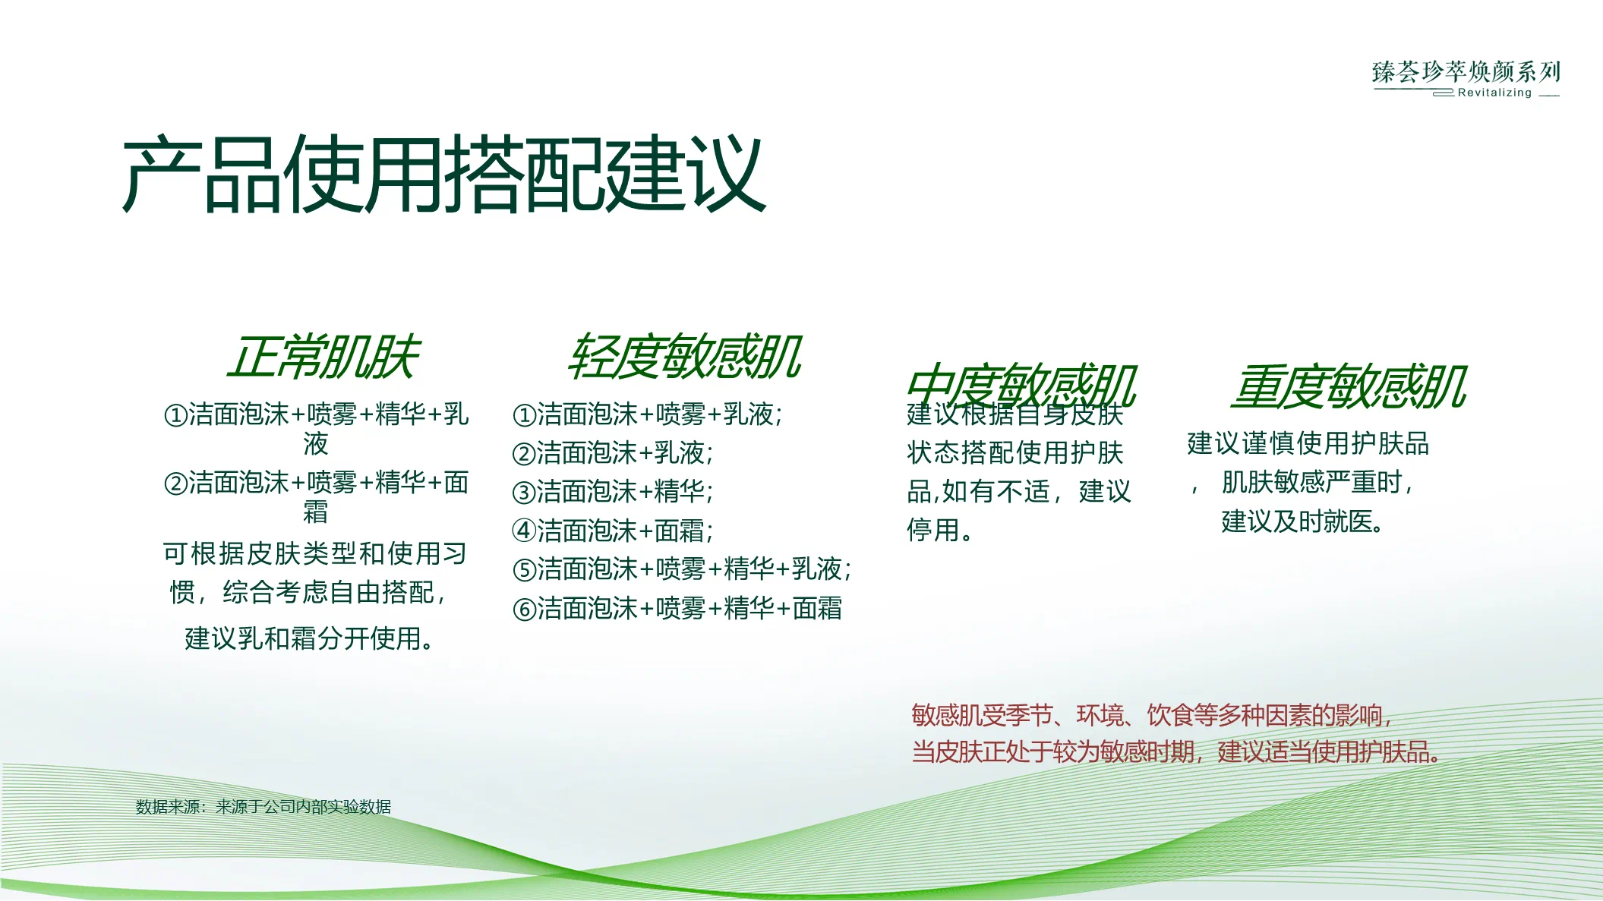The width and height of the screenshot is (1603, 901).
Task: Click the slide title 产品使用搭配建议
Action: coord(444,175)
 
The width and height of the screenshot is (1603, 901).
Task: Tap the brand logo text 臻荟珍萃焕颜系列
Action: coord(1466,72)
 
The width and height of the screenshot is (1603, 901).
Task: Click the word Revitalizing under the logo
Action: coord(1494,93)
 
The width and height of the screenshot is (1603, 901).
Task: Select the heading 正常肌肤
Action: coord(323,358)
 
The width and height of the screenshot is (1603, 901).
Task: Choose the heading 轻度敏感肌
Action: coord(684,358)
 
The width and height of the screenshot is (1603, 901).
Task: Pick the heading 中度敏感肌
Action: coord(1021,386)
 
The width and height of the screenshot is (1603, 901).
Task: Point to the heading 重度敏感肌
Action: coord(1349,387)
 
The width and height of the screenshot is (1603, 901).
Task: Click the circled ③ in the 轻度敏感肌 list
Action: coord(524,493)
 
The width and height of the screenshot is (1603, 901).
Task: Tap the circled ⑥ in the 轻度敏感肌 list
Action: coord(524,610)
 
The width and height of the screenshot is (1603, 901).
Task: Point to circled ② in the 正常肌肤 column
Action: coord(175,484)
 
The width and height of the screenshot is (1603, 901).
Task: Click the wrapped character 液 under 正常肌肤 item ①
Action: coord(316,444)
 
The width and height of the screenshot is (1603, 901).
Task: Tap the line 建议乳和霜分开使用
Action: coord(310,638)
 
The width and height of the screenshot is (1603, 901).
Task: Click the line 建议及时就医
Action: coord(1303,521)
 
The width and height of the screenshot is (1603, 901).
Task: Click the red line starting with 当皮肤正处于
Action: coord(1175,752)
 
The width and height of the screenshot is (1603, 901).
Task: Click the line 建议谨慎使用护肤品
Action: coord(1308,443)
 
